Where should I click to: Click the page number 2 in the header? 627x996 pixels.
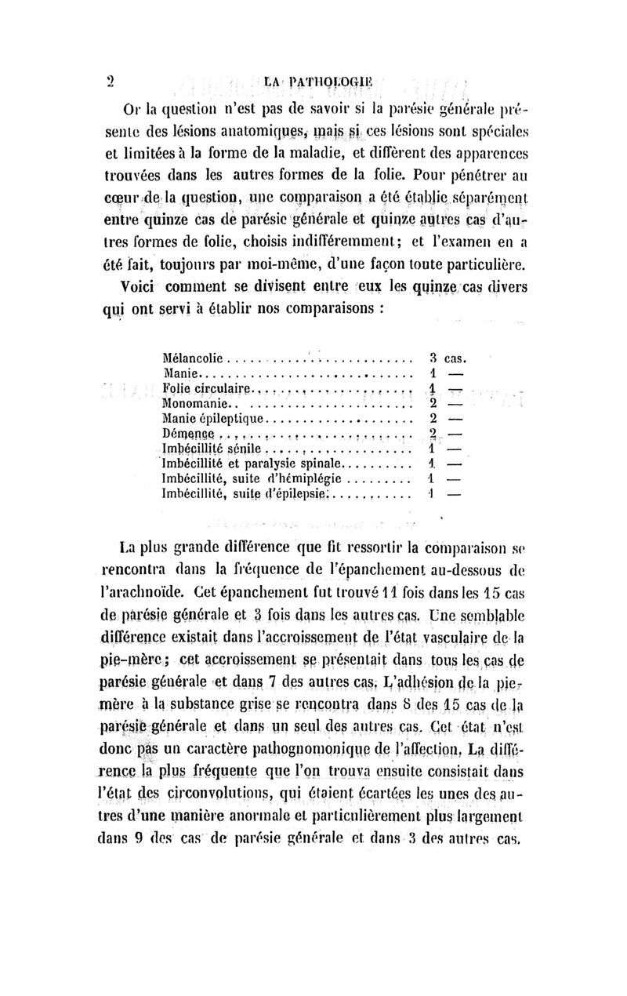tap(111, 79)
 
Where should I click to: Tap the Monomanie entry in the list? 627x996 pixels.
tap(194, 404)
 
